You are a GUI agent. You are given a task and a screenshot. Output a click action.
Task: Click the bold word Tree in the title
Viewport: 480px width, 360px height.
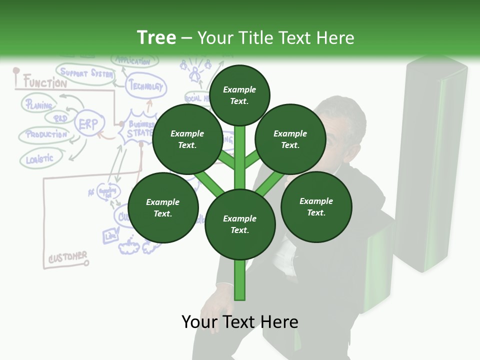156,37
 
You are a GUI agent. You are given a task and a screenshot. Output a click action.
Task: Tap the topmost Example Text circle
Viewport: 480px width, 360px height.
239,95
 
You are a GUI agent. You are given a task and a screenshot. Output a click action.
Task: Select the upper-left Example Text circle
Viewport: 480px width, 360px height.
187,139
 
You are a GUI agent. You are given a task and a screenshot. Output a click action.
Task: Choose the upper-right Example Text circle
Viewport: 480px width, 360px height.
290,139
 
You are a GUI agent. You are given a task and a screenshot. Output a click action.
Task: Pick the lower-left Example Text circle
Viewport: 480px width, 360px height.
162,207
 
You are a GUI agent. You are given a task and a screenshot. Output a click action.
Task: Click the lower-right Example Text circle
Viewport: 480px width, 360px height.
316,206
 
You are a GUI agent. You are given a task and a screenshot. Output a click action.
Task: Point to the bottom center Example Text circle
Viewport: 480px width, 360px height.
239,224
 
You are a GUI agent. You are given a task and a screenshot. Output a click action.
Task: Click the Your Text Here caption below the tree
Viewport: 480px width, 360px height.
239,322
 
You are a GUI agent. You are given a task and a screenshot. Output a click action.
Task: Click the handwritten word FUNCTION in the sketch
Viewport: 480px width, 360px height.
45,82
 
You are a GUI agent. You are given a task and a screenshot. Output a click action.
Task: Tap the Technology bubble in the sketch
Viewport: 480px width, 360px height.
145,86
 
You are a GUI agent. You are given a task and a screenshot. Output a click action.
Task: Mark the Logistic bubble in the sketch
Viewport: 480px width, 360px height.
40,159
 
